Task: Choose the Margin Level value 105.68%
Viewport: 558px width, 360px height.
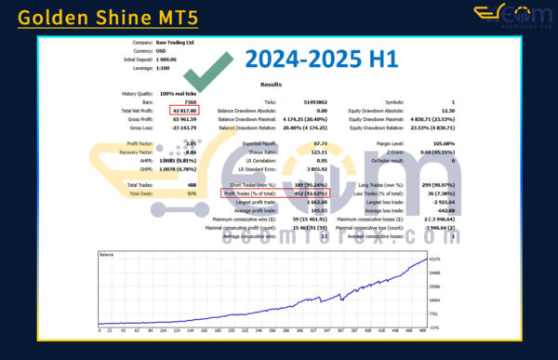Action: click(x=440, y=144)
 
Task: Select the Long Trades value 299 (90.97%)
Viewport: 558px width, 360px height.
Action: click(x=434, y=186)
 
